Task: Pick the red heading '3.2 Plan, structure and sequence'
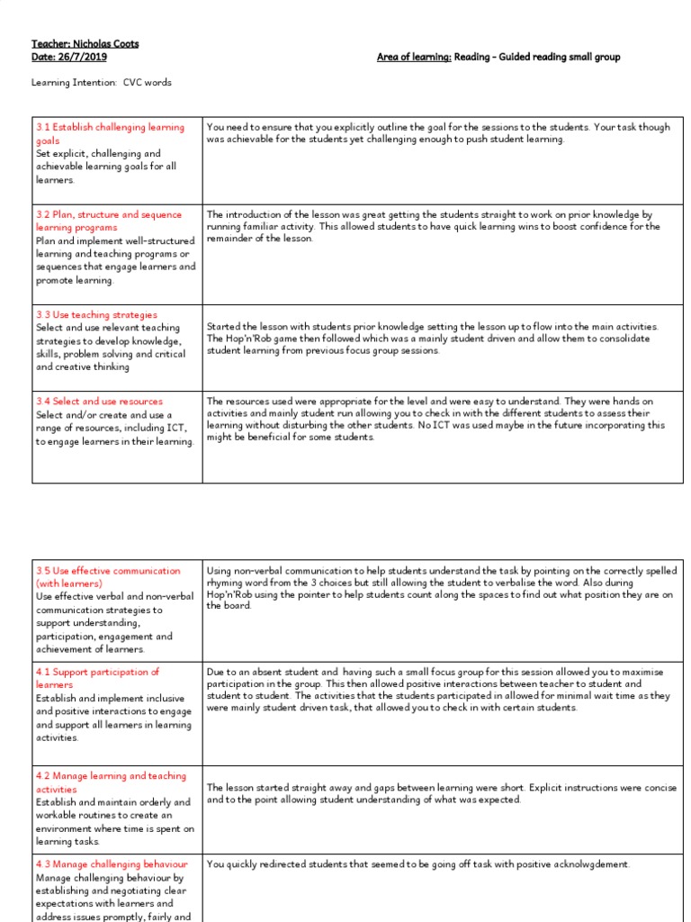109,214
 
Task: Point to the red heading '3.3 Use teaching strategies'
96,315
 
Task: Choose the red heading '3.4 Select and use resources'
100,401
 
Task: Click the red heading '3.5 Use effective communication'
108,571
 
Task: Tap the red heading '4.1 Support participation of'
98,672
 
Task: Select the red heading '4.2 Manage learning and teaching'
111,775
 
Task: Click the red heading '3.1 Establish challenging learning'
110,127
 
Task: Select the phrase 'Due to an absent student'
260,672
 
